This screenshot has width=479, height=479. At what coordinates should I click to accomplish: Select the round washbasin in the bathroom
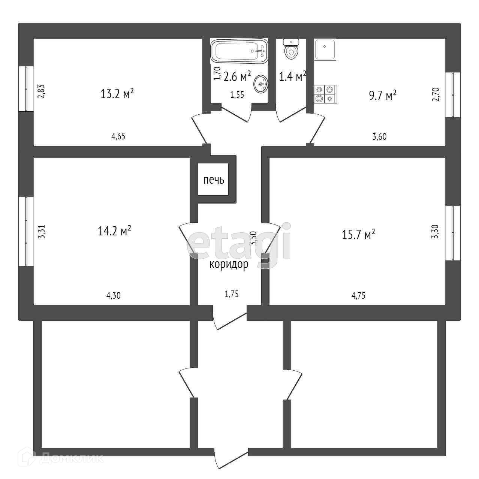[261, 84]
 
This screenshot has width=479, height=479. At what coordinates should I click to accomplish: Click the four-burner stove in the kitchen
[325, 94]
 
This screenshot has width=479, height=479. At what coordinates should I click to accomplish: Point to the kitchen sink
[325, 50]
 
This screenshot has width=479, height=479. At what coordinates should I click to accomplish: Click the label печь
[214, 180]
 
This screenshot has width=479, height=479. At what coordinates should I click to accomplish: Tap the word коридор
[229, 265]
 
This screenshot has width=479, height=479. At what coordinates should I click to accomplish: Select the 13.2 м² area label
[117, 93]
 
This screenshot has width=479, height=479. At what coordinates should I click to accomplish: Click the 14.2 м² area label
[114, 231]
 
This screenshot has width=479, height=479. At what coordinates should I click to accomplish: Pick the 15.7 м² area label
[359, 235]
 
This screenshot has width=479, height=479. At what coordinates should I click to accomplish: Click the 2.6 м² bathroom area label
[237, 77]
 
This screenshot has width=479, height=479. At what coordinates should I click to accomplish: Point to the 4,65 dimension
[118, 136]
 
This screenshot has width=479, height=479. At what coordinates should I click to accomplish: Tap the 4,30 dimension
[114, 295]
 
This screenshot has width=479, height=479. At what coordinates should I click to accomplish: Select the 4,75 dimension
[358, 295]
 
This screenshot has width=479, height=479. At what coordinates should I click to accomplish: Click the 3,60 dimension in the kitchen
[379, 136]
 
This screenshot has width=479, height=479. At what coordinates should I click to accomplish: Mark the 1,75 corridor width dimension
[232, 294]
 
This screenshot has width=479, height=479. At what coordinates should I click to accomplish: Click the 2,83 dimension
[42, 91]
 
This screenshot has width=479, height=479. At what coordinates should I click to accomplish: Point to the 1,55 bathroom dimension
[237, 95]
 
